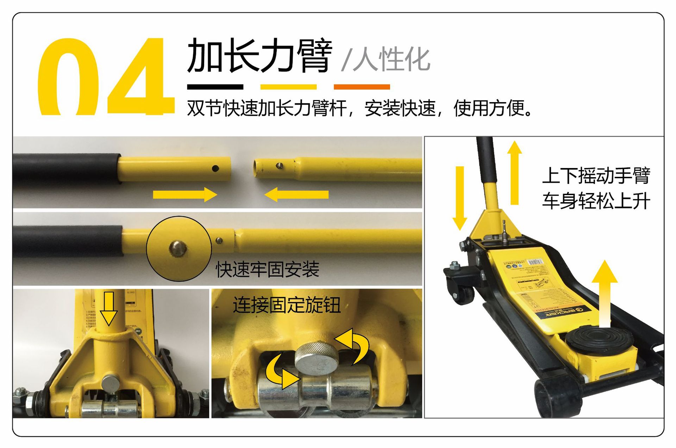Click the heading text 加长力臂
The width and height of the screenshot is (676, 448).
pos(259,56)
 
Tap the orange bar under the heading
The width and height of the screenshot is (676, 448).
pos(362,87)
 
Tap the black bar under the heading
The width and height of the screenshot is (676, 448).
pos(215,87)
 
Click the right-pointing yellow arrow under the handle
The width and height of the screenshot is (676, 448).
pos(185,194)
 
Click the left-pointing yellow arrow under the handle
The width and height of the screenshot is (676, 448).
pos(296,194)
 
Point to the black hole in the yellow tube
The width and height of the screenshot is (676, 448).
pos(215,169)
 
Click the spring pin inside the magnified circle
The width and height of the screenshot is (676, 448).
pos(178,249)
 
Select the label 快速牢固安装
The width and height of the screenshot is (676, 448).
pos(268,269)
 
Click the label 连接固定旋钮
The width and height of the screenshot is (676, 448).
pos(287,305)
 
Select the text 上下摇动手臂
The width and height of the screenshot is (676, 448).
pos(596,176)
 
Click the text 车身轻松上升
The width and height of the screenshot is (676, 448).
pos(596,201)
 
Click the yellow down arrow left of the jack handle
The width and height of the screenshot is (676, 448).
pos(459,197)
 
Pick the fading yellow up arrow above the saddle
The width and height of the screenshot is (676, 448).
pos(605,292)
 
